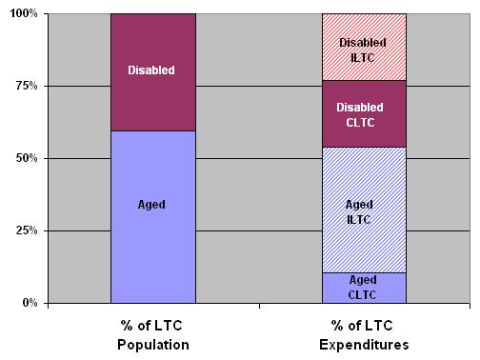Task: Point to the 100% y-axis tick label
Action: coord(22,14)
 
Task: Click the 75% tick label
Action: coord(25,86)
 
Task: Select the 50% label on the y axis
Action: coord(25,158)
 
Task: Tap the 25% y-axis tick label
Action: coord(25,230)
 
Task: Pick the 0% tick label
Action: coord(28,303)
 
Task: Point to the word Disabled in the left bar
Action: coord(152,70)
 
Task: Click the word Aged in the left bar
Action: coord(152,204)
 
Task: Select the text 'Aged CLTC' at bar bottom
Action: coord(364,287)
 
